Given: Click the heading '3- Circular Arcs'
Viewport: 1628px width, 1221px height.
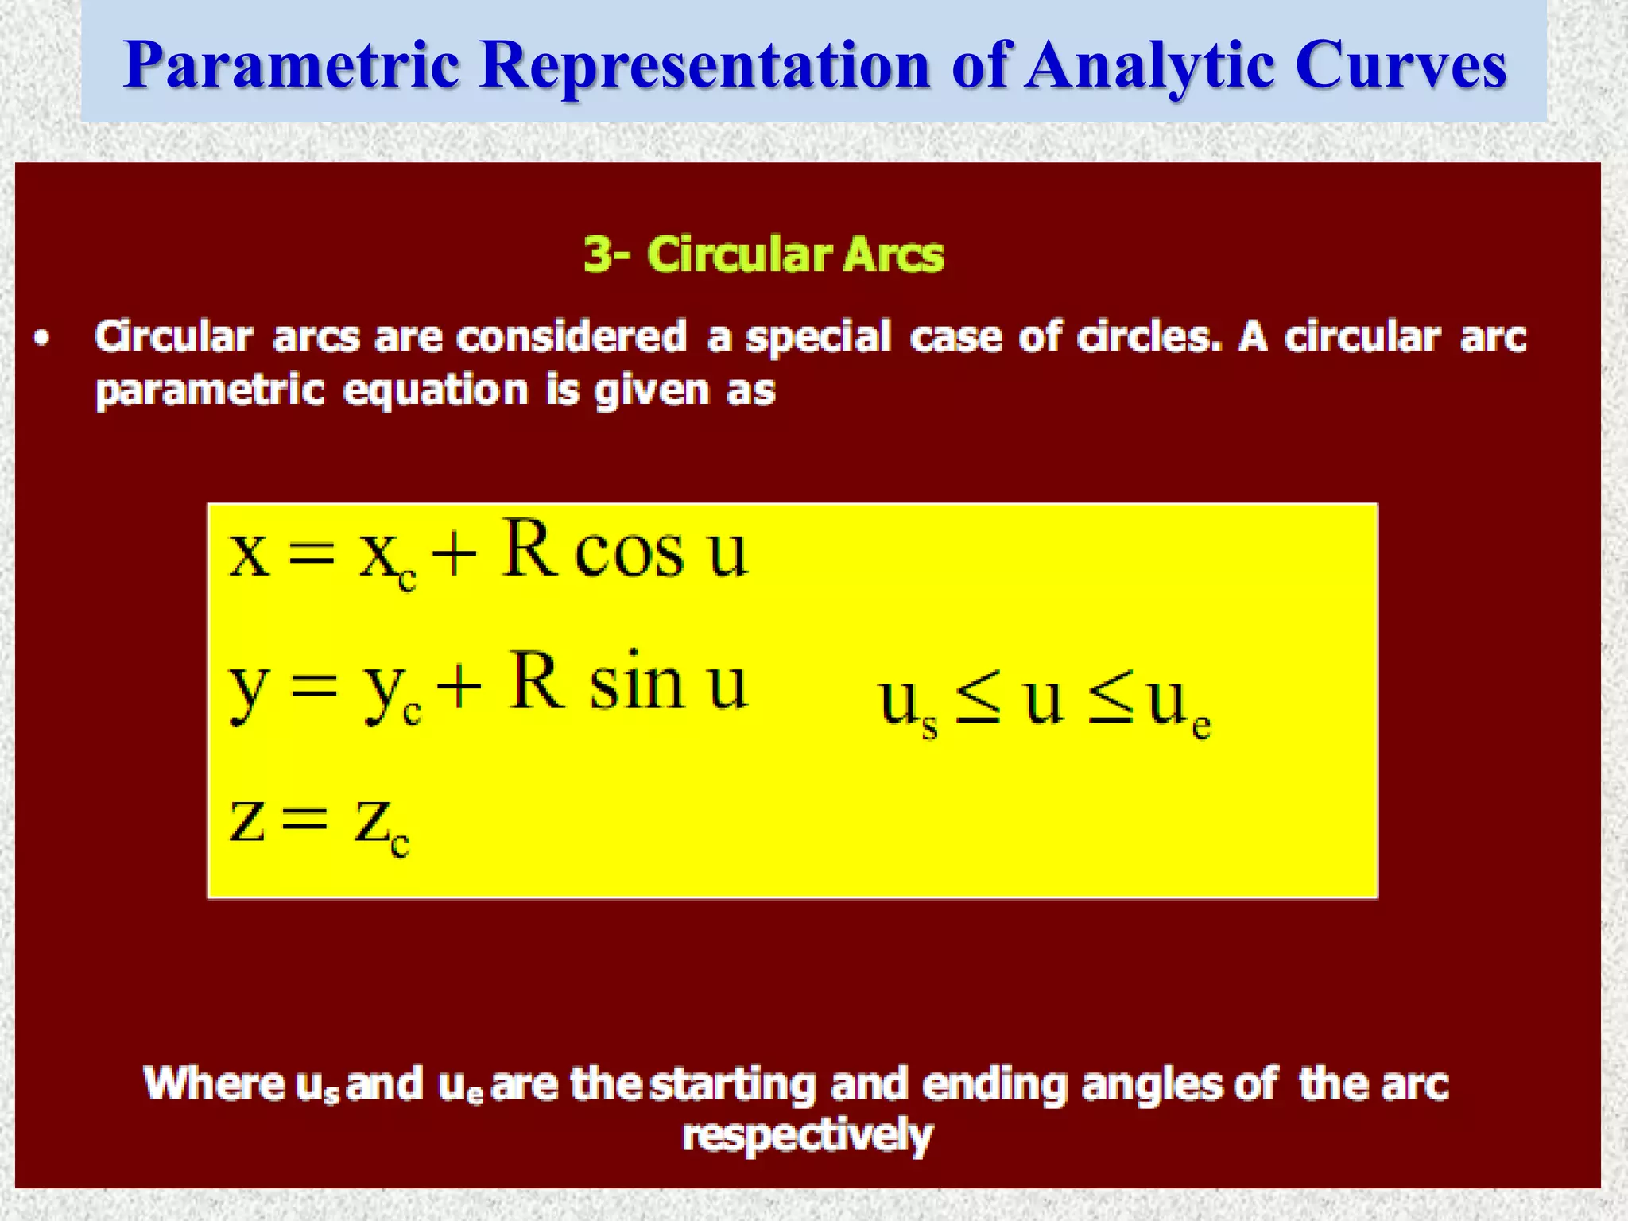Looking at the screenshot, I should click(764, 255).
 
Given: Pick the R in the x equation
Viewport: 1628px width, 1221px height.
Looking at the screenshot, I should click(528, 548).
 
